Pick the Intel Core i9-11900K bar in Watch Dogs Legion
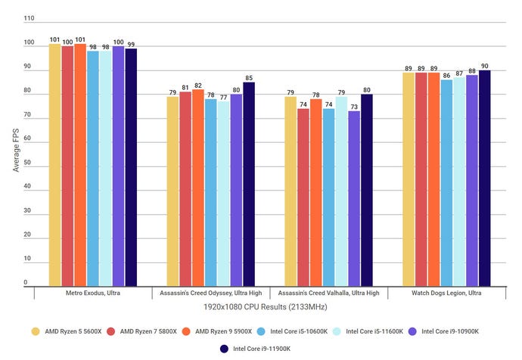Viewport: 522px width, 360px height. point(484,178)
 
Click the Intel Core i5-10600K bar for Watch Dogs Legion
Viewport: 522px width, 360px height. point(446,182)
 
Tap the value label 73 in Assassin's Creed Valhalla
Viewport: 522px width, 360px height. point(354,107)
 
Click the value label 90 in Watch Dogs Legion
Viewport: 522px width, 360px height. point(484,66)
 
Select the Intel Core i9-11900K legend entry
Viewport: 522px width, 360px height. point(260,349)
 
